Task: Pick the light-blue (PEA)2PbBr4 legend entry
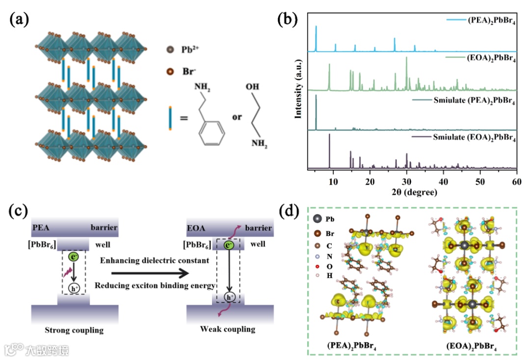click(486, 21)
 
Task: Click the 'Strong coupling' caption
click(74, 330)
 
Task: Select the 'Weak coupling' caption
click(228, 329)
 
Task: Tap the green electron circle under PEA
click(73, 256)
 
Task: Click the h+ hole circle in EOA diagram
click(229, 297)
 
